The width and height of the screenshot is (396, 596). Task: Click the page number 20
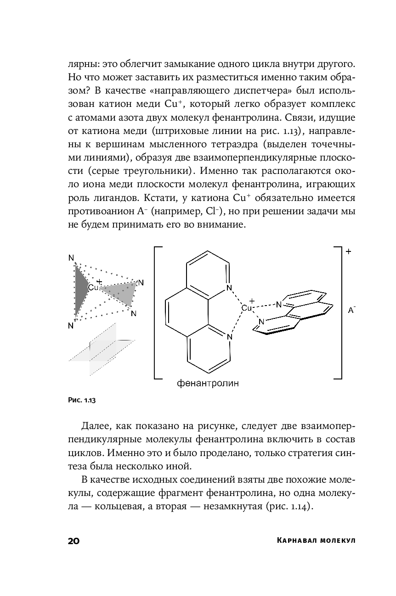pos(74,540)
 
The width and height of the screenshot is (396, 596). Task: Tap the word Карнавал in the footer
pos(300,540)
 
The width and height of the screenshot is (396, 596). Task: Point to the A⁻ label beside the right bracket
pos(351,311)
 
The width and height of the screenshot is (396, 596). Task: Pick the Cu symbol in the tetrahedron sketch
pos(93,288)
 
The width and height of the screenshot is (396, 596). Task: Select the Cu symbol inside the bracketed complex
pos(247,308)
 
